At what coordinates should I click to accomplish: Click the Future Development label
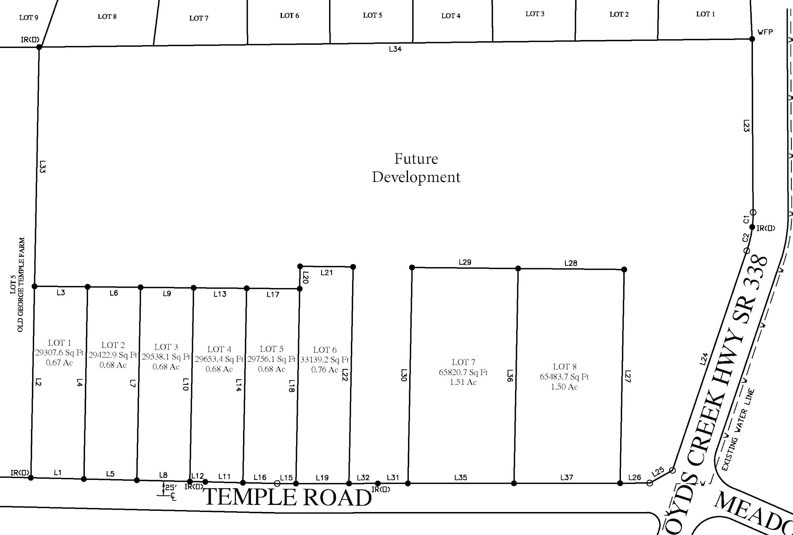[416, 168]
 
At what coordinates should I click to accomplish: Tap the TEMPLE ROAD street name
[288, 497]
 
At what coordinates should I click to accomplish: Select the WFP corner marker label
[765, 32]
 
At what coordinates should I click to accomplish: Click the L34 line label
[395, 49]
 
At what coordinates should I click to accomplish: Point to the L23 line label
[746, 126]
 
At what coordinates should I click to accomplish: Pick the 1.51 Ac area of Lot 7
[463, 382]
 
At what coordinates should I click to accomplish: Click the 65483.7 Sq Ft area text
[564, 376]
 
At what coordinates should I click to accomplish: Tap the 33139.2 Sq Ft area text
[325, 360]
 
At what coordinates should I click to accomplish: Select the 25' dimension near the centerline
[170, 487]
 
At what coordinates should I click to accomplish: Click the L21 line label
[327, 273]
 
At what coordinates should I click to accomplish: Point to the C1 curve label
[746, 219]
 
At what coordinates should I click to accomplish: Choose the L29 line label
[465, 262]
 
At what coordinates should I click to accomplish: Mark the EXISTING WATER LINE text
[738, 430]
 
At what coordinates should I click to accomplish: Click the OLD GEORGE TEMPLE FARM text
[21, 285]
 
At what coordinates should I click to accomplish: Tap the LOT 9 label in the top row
[29, 17]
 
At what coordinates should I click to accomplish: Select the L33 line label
[43, 166]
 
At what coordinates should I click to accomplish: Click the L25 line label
[658, 472]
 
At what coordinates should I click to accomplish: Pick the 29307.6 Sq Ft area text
[59, 353]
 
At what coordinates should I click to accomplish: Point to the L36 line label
[510, 375]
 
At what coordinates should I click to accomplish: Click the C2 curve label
[746, 238]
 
